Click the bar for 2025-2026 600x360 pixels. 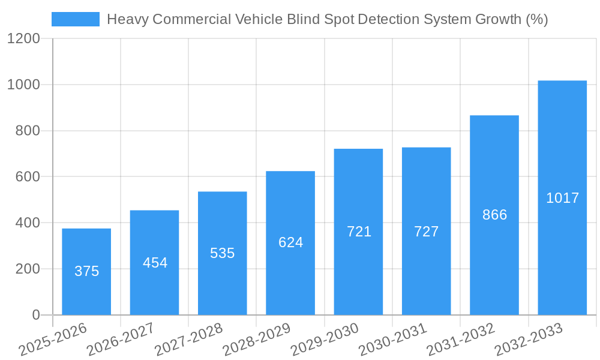(86, 271)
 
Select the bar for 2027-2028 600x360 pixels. (222, 253)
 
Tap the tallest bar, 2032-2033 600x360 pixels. (562, 197)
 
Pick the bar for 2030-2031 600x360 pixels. (426, 231)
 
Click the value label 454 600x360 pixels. (155, 263)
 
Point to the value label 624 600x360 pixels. (290, 242)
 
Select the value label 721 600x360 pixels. (359, 232)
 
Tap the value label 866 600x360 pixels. (494, 215)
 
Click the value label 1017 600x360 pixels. (562, 198)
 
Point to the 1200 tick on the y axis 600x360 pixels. (23, 39)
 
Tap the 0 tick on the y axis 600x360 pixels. (35, 315)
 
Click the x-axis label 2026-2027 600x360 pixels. (120, 339)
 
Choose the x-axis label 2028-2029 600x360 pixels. (256, 339)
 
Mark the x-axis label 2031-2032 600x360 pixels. (460, 339)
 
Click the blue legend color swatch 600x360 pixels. (75, 19)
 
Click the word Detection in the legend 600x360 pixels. (389, 19)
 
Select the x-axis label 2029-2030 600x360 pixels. (324, 339)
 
